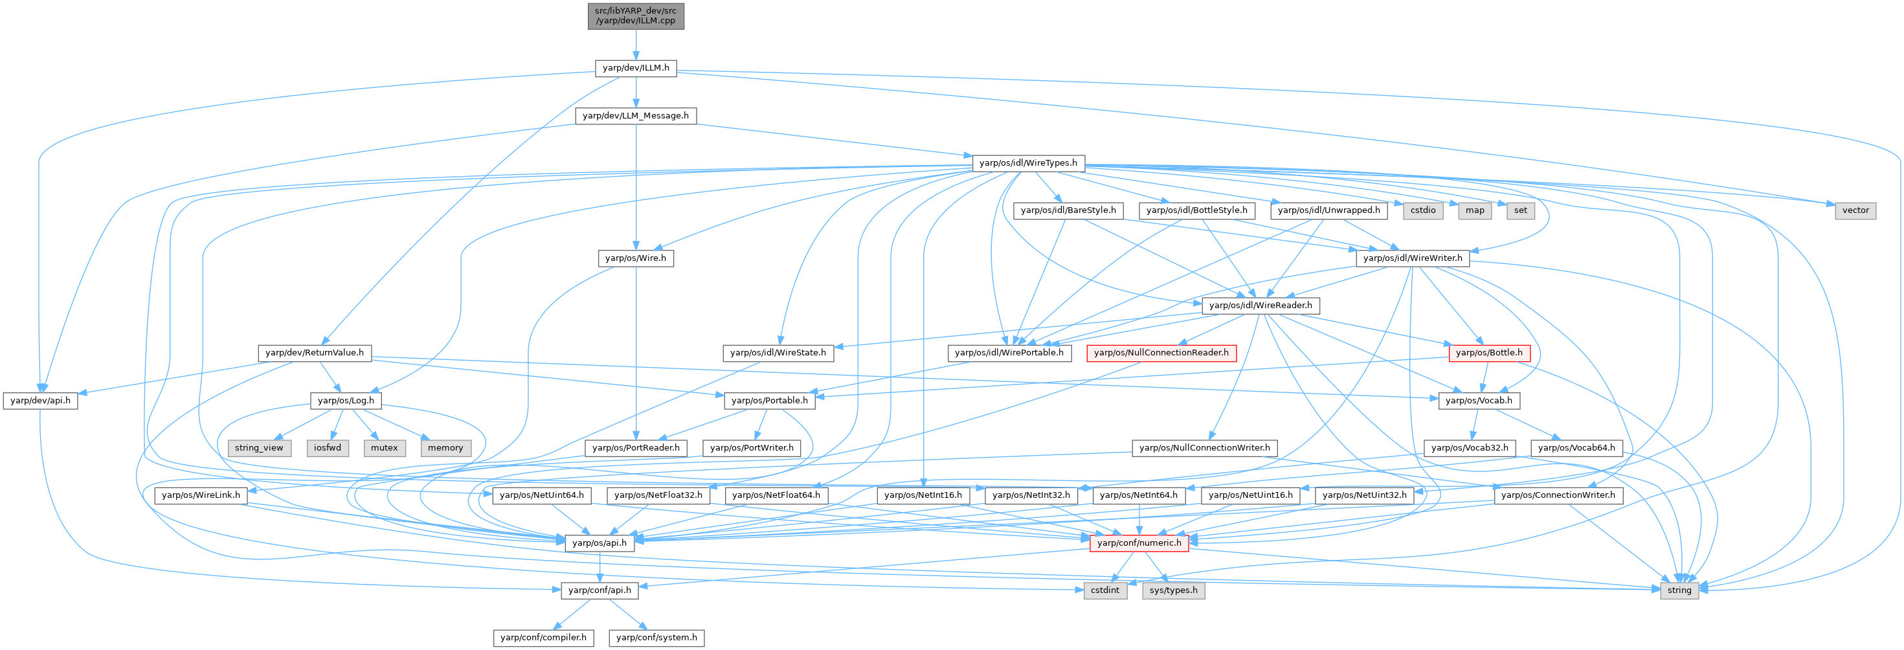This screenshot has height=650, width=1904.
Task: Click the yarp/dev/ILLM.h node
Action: (636, 68)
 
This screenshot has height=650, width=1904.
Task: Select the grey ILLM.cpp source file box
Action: (636, 16)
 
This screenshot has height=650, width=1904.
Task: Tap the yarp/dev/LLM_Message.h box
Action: (636, 115)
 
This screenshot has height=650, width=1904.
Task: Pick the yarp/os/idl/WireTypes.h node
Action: (1027, 162)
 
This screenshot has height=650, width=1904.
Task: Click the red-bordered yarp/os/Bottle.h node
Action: (1488, 353)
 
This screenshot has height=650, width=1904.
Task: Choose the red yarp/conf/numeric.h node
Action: (1139, 543)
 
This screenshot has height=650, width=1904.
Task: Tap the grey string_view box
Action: (259, 447)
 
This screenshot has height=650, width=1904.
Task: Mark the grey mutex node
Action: (385, 447)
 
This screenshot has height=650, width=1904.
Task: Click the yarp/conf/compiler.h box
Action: (543, 638)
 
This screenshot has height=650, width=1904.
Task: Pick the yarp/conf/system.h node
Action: (656, 638)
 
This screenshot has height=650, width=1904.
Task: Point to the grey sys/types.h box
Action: (1174, 590)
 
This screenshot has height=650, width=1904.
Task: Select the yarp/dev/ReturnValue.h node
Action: (314, 353)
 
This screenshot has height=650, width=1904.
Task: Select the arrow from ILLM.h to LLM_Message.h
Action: (636, 92)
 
